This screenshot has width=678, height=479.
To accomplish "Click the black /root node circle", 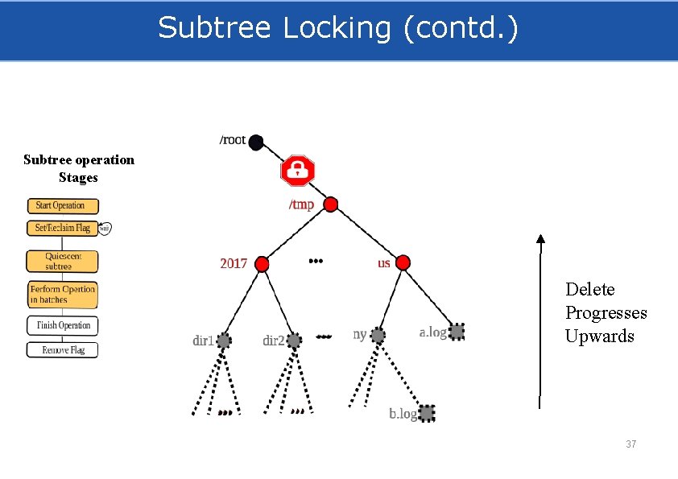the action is (256, 142).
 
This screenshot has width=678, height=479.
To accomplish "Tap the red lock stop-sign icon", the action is (297, 171).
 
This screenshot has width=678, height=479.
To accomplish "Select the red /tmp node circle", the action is (329, 204).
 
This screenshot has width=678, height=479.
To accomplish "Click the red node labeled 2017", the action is (261, 263).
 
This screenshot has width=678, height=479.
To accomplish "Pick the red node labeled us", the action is (403, 262).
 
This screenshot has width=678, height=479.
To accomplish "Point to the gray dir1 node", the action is (224, 341).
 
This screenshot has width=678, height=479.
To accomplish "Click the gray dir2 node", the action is (295, 341).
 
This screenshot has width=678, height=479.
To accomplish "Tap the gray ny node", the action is (378, 334).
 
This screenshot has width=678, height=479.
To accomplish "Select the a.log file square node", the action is (457, 331).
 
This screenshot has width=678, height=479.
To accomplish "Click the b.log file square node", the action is (427, 413).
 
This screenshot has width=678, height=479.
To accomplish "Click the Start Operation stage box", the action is (62, 205).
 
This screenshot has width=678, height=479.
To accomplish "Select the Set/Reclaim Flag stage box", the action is (62, 228).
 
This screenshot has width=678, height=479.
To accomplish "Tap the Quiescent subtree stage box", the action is (62, 261).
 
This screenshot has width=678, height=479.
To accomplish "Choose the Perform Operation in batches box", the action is (62, 294).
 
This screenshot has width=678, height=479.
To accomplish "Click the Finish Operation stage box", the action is (62, 325).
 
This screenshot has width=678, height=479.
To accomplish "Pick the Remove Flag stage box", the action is (62, 349).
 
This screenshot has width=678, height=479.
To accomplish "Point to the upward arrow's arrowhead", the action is (540, 238).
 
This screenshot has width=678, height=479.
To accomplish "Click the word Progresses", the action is (606, 312).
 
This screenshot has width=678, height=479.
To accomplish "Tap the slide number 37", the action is (631, 444).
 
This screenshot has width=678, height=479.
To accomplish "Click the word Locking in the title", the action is (339, 28).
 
